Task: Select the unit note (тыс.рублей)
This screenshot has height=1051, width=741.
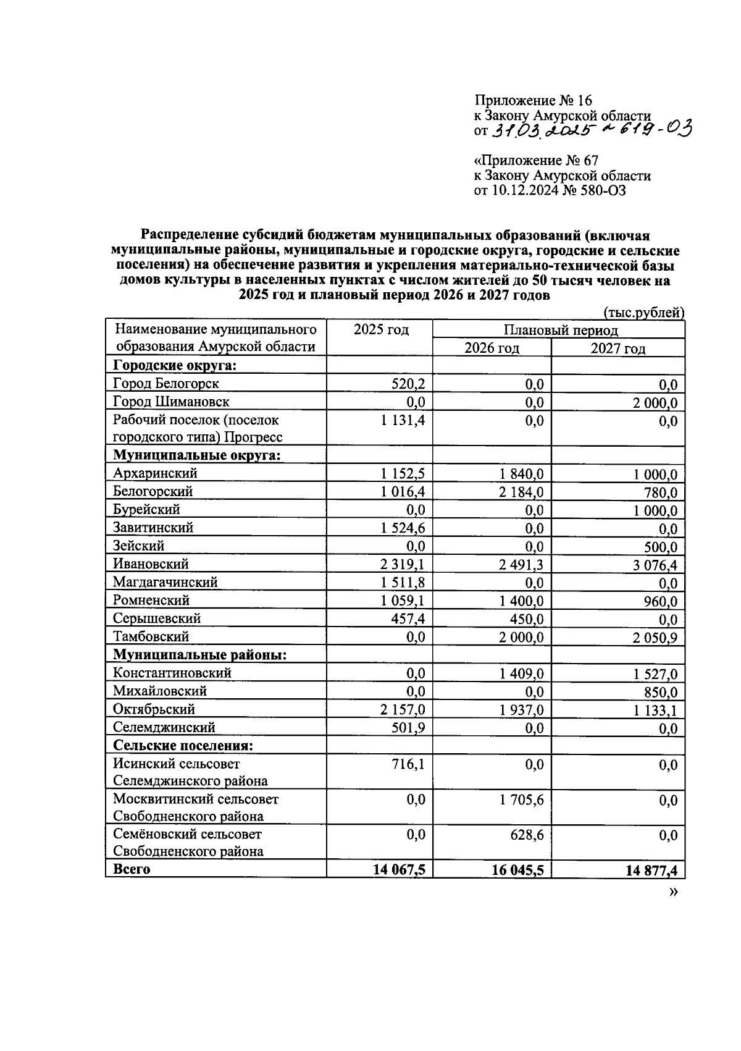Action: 643,313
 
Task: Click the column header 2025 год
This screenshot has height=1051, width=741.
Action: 381,330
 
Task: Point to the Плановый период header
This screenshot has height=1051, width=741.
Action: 560,331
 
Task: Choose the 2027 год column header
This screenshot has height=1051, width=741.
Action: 618,348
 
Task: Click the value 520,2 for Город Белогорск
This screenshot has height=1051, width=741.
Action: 408,384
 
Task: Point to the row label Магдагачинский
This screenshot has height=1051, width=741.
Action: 165,582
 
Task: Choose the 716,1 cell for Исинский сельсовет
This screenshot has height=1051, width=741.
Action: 408,765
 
